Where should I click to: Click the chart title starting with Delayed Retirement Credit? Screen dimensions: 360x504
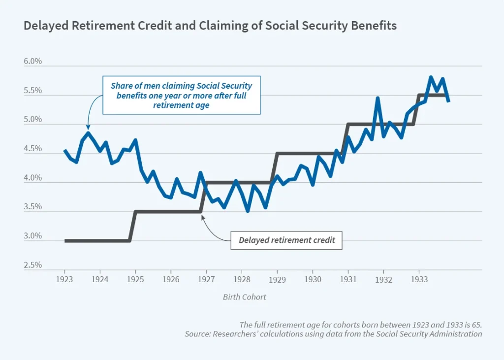coord(210,26)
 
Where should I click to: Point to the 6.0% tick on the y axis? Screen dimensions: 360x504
coord(32,62)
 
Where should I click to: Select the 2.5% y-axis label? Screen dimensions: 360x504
coord(32,265)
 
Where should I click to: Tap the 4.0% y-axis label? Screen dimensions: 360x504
coord(32,178)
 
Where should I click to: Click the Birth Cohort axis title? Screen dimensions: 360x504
coord(245,297)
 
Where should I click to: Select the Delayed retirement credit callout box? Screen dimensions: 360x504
coord(286,240)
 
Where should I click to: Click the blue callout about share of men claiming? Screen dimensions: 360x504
coord(181,95)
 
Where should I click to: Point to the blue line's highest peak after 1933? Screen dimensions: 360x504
coord(431,77)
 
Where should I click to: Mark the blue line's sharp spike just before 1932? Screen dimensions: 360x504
coord(378,98)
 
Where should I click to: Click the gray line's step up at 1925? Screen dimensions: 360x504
coord(132,226)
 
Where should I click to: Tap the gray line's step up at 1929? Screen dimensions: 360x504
coord(274,167)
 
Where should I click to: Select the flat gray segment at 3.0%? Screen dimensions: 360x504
coord(97,241)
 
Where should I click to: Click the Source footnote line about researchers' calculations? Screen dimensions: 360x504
coord(333,334)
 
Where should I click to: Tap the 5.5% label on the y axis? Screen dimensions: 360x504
coord(32,91)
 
